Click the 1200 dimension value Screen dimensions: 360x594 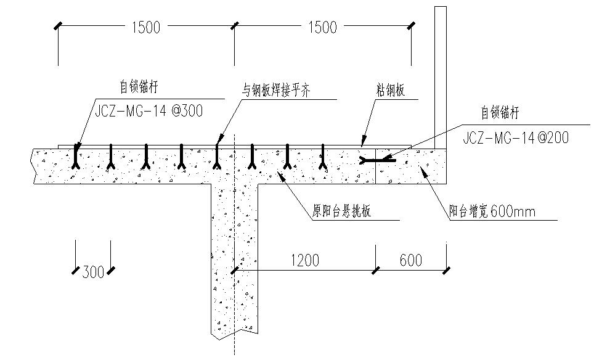[304, 260]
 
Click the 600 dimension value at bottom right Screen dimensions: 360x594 [410, 260]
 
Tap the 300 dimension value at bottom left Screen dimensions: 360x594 [93, 271]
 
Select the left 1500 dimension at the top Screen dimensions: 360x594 [145, 27]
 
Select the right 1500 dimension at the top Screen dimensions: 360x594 [322, 27]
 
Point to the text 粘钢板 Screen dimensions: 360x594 [391, 91]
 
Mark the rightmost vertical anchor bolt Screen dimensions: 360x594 [322, 157]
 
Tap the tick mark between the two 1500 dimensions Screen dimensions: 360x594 [234, 25]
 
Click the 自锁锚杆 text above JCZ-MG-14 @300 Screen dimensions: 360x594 [139, 88]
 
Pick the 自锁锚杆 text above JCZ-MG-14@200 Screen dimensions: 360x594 [500, 113]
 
